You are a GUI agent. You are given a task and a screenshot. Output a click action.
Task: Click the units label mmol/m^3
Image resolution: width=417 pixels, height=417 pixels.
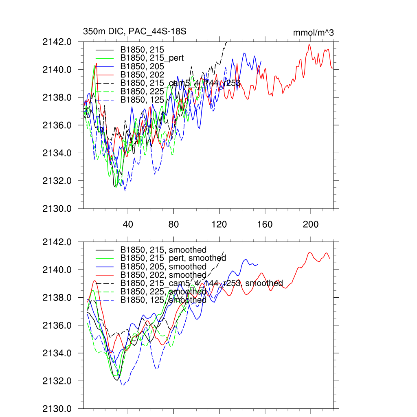[x=313, y=33]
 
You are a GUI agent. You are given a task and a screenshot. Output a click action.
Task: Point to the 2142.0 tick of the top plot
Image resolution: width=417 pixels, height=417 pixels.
[x=60, y=42]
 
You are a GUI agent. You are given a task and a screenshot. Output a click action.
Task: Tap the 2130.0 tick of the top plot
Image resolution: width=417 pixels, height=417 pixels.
[x=60, y=209]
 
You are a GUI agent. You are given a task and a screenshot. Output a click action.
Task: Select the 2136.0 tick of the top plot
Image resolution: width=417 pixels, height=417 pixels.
[x=60, y=125]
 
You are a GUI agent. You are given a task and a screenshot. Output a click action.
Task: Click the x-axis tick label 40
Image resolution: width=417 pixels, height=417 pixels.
[x=128, y=224]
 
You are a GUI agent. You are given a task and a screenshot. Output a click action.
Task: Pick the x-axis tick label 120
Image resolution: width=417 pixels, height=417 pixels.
[x=219, y=224]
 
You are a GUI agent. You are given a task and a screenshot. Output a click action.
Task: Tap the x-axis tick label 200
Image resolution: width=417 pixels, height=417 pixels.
[x=311, y=224]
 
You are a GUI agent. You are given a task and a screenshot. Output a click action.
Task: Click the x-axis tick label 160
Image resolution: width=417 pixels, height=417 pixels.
[x=265, y=224]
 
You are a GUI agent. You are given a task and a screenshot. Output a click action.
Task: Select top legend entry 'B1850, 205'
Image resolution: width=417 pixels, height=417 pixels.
[x=142, y=66]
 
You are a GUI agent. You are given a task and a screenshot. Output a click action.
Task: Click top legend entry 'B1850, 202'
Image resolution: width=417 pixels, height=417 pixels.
[x=142, y=75]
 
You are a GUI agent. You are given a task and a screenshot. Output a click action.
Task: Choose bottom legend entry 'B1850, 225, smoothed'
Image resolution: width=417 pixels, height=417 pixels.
[x=163, y=292]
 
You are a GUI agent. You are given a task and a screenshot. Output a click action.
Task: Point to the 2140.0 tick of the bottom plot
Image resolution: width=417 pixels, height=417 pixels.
[x=60, y=270]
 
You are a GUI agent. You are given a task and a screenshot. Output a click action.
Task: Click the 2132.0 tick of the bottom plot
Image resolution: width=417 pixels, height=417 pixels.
[x=60, y=381]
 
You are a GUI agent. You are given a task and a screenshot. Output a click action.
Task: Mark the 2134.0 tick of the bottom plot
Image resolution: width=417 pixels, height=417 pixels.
[x=60, y=353]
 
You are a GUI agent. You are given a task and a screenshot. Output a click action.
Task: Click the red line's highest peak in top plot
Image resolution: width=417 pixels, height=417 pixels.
[x=309, y=44]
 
